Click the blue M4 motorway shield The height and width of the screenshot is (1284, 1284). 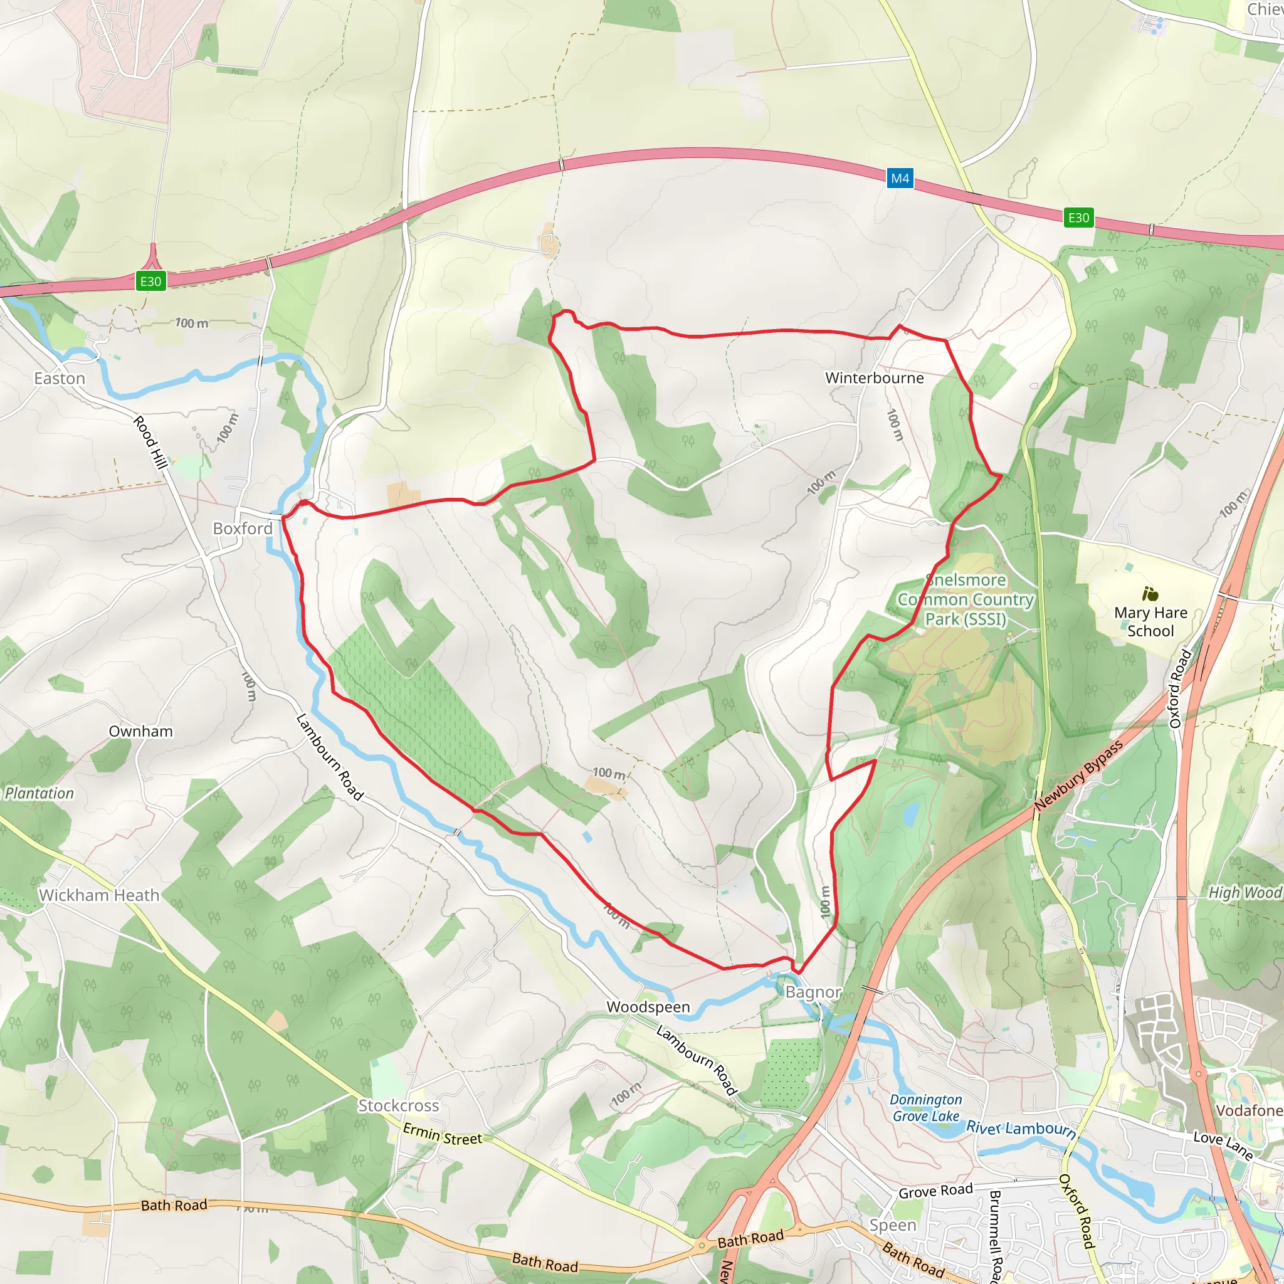pos(900,178)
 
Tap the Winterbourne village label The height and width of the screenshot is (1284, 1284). pos(874,378)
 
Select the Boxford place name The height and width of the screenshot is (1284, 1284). pos(243,529)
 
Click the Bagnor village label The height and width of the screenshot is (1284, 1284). pos(813,992)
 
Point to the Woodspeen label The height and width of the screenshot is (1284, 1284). pos(648,1007)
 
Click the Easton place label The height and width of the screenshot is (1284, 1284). pos(60,378)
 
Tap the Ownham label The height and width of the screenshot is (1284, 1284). pos(140,731)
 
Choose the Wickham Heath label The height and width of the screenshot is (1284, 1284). pos(99,895)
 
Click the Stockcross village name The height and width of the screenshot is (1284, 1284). pos(399,1105)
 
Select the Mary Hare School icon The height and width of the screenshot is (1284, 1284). pos(1150,594)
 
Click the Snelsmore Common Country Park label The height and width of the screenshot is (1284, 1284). pos(965,599)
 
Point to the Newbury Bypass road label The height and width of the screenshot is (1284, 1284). pos(1078,776)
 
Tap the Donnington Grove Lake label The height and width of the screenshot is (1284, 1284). pos(926,1108)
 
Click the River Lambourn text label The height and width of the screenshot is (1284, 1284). pos(1021,1129)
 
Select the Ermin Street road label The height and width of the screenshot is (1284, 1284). pos(443,1134)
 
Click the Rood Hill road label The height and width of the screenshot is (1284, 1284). pos(150,442)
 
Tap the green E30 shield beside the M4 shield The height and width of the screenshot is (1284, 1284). pos(1078,218)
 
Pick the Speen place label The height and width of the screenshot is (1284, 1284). pos(893,1225)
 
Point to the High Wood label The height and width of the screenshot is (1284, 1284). pos(1244,893)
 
